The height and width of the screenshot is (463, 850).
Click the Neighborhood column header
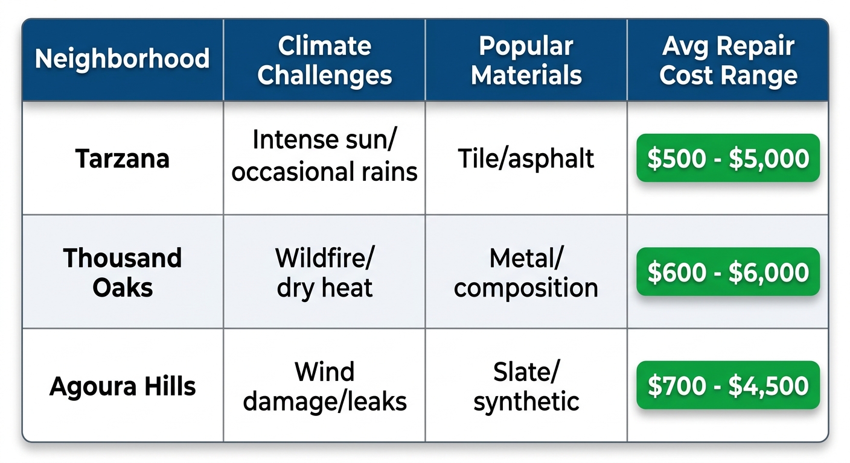coord(123,59)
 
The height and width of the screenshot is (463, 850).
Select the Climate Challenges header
coord(325,61)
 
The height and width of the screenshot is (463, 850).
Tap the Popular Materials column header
coord(526,61)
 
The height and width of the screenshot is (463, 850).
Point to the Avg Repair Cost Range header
coord(728,61)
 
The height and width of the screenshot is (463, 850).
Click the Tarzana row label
coord(123,159)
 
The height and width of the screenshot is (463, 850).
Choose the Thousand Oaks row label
coord(123,272)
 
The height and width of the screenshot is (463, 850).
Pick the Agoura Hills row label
coord(123,386)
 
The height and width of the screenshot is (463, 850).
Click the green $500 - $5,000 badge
coord(728,158)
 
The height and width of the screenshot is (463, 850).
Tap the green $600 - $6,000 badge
coord(728,272)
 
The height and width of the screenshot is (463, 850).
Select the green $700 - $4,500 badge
coord(728,385)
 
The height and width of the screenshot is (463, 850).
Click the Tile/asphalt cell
coord(526,159)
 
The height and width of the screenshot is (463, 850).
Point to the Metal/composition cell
coord(526,272)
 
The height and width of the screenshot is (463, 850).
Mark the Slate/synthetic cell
coord(526,386)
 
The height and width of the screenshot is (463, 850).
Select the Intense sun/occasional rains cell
coord(325,156)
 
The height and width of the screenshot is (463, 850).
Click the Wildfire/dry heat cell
coord(325,272)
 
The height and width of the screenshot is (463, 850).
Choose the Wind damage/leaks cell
coord(325,386)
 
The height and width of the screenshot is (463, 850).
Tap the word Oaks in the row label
coord(123,287)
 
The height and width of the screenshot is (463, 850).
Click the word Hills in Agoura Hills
coord(170,386)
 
